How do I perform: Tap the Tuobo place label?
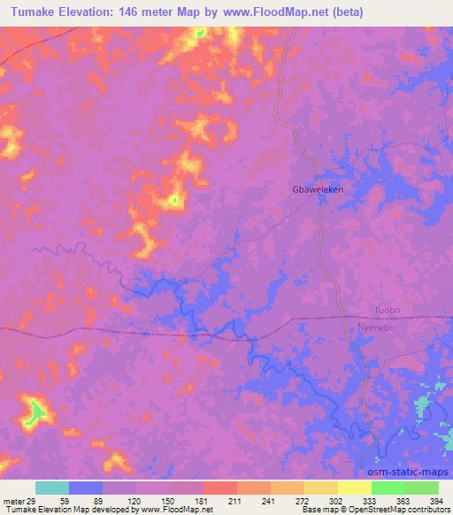[x=388, y=311]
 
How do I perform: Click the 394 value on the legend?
[x=438, y=500]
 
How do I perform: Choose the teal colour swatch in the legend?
[x=52, y=488]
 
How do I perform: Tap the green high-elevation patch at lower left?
[x=36, y=410]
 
